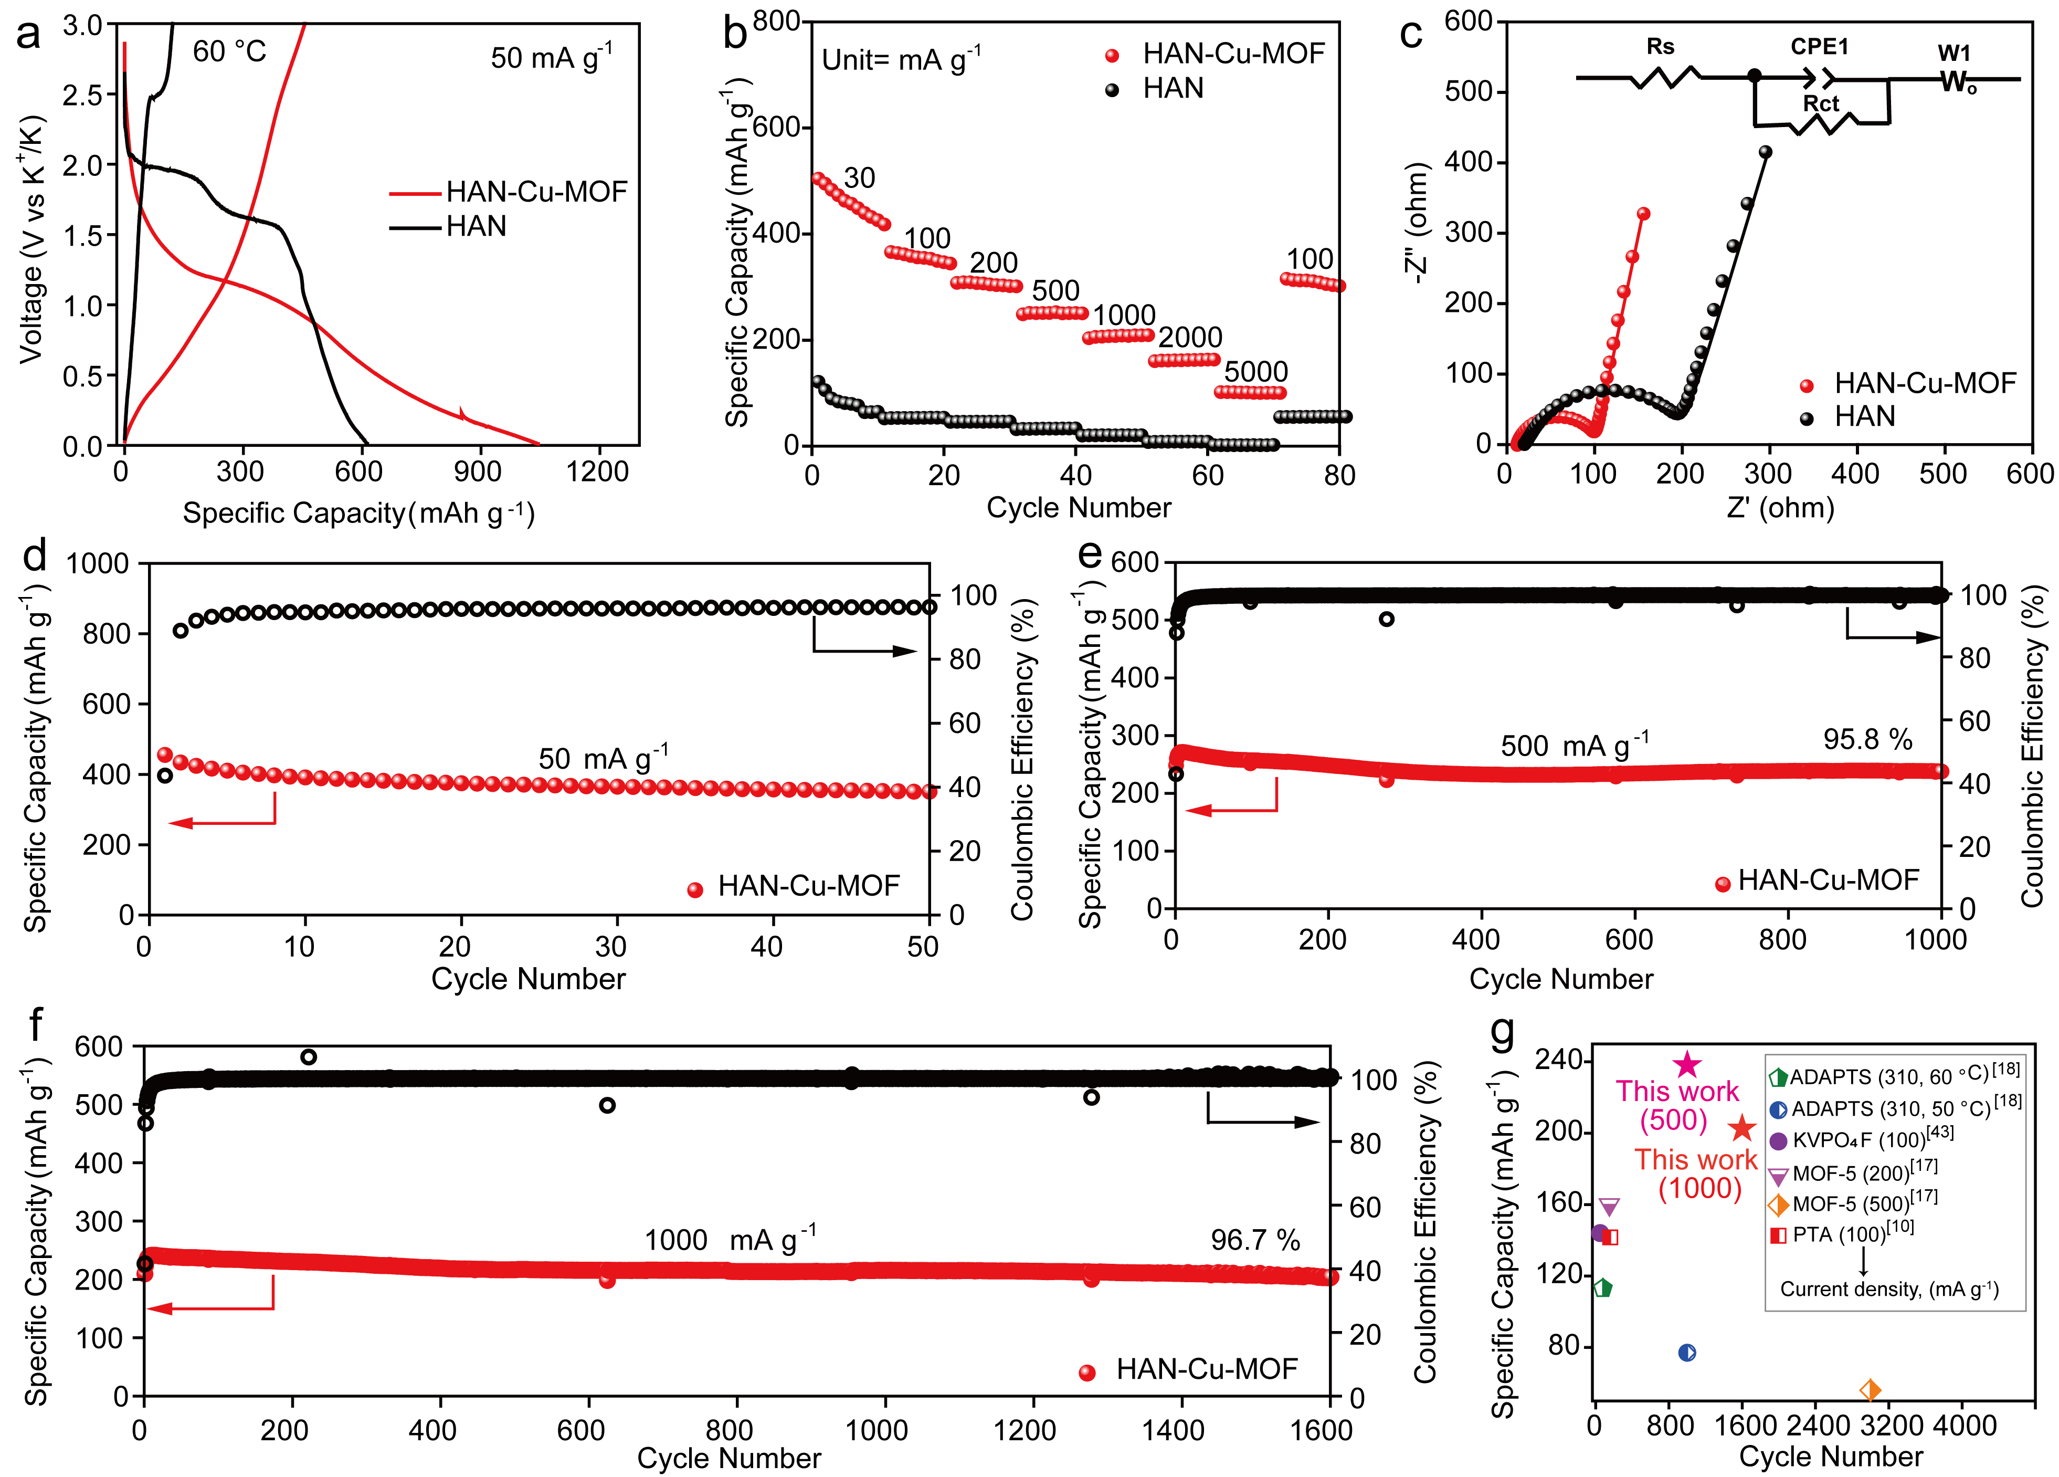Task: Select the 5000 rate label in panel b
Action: coord(1255,372)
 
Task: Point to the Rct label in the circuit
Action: coord(1820,103)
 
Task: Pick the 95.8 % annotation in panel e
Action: coord(1867,739)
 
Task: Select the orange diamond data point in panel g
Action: coord(1870,1390)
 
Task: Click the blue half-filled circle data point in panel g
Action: coord(1687,1353)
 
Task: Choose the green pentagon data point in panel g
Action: coord(1603,1288)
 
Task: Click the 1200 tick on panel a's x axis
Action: coord(596,472)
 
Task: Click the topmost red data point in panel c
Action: coord(1643,214)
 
